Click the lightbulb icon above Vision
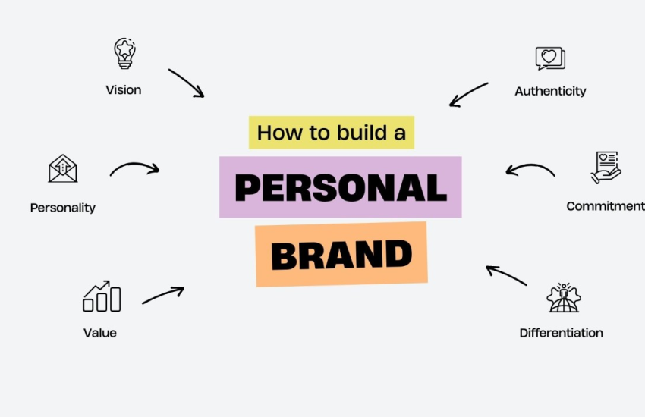(x=124, y=53)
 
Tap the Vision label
(x=124, y=90)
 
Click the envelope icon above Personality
(x=62, y=168)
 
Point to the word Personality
(x=63, y=208)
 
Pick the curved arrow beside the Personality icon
(x=135, y=165)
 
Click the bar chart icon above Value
(x=102, y=296)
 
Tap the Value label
(x=100, y=333)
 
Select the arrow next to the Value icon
(x=164, y=294)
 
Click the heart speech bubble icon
(x=550, y=58)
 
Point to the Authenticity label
(x=550, y=91)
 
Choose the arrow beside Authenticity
(x=469, y=94)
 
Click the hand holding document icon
(x=606, y=168)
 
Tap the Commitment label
(x=606, y=206)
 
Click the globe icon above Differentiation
(x=564, y=297)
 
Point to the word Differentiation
(x=562, y=333)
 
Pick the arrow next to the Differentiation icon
(x=505, y=274)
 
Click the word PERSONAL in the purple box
(x=341, y=188)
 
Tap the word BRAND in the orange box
(x=341, y=255)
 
